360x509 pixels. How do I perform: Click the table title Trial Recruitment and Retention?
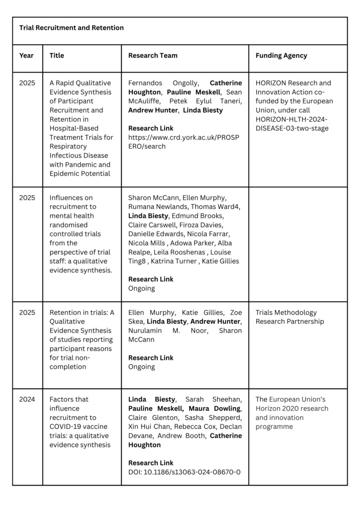pos(72,28)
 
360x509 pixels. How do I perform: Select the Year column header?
pos(26,56)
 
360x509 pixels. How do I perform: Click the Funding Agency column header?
pos(281,56)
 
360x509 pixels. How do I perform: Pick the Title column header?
pos(57,56)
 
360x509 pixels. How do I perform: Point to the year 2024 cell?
pos(27,399)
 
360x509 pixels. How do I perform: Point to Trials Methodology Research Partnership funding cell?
pos(286,317)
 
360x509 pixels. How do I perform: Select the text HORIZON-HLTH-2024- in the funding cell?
pos(292,119)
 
